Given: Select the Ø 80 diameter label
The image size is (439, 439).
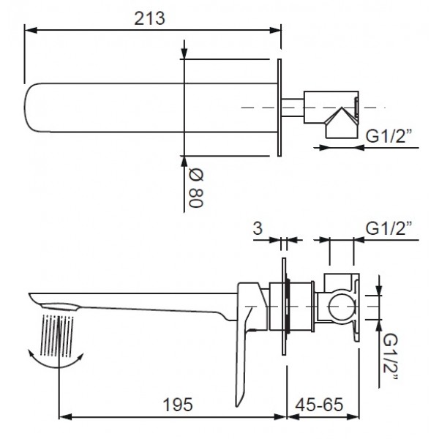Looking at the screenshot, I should [x=195, y=188].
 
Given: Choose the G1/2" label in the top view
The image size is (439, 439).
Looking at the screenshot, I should [x=389, y=135].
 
